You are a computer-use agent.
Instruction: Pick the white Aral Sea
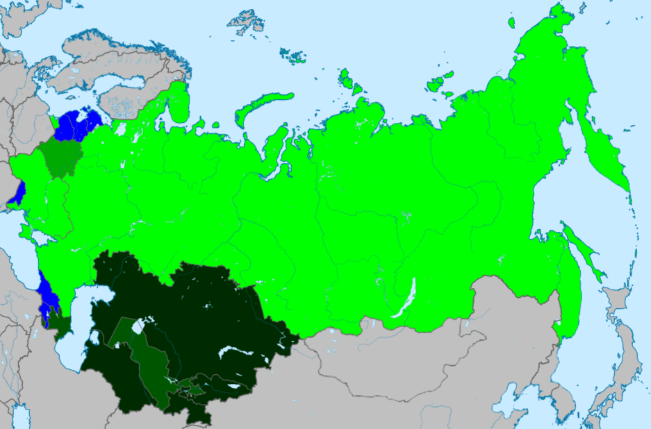point(140,326)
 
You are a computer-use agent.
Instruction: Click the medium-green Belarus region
point(60,156)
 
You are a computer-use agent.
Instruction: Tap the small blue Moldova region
point(18,194)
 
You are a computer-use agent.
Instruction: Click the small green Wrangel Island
point(511,23)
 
